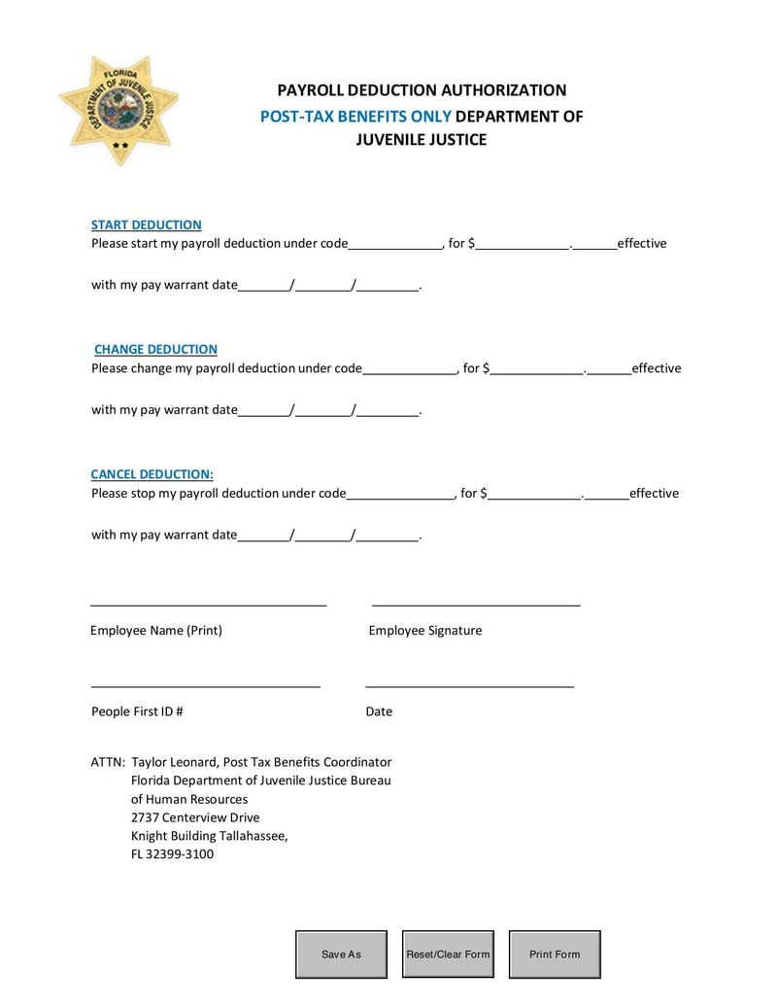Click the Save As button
point(341,954)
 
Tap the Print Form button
point(555,954)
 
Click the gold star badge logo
point(118,109)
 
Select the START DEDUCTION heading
point(146,225)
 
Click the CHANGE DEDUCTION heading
point(155,349)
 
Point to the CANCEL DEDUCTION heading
point(152,474)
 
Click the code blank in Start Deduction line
point(394,245)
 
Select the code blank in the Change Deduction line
point(409,369)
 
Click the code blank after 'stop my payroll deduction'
point(400,495)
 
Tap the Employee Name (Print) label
point(156,630)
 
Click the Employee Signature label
point(425,630)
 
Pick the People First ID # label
point(137,711)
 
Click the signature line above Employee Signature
point(476,605)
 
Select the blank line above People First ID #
point(205,686)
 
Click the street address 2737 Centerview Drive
point(195,817)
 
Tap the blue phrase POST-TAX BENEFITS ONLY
point(355,116)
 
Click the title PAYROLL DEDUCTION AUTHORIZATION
point(422,90)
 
